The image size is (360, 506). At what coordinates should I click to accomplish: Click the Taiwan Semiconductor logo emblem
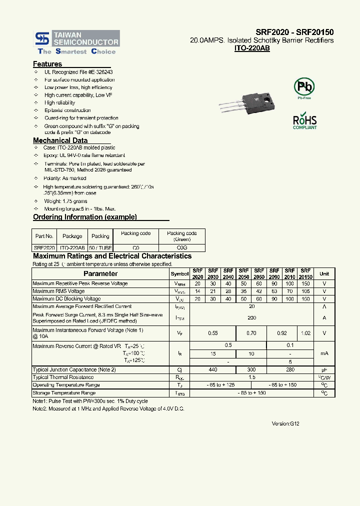click(41, 38)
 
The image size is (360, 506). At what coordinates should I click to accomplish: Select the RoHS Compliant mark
click(304, 121)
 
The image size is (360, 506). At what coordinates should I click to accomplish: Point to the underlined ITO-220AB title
click(252, 48)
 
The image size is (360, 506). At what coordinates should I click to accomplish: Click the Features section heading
click(47, 64)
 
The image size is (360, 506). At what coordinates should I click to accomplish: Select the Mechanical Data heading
click(60, 140)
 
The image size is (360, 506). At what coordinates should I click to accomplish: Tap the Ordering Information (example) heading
click(84, 217)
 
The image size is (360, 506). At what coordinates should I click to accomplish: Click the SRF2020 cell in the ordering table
click(44, 247)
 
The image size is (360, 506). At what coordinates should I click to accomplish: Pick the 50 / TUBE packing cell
click(100, 247)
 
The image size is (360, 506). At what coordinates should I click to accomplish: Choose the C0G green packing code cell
click(182, 247)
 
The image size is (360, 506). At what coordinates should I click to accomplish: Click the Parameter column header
click(100, 273)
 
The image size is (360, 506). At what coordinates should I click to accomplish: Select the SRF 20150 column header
click(305, 273)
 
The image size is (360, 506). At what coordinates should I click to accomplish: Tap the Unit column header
click(324, 273)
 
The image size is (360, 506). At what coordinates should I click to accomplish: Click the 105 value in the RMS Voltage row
click(305, 291)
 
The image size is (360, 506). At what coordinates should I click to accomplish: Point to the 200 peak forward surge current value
click(252, 317)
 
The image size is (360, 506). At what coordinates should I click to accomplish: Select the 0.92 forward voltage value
click(282, 333)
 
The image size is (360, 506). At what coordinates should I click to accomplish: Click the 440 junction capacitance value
click(212, 369)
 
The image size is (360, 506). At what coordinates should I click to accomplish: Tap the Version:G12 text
click(285, 423)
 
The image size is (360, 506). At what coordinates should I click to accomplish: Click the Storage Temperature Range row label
click(63, 393)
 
